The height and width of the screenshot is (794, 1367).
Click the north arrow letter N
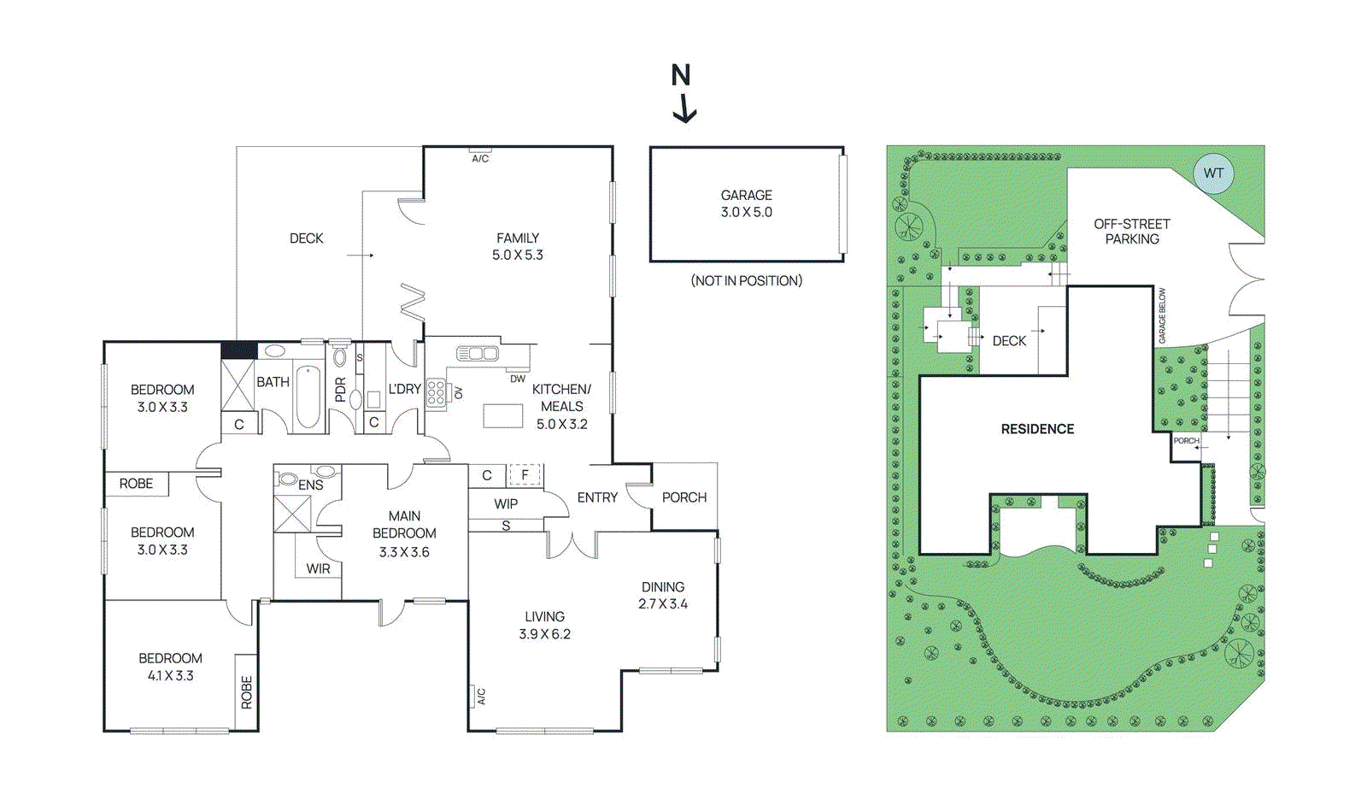tap(680, 76)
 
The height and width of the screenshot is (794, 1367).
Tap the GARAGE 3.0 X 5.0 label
tap(746, 203)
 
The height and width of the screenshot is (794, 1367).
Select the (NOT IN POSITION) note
tap(746, 280)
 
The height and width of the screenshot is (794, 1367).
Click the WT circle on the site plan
tap(1213, 174)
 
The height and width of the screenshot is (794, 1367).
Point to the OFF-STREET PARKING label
tap(1132, 232)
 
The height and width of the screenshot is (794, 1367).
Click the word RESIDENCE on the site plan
tap(1037, 429)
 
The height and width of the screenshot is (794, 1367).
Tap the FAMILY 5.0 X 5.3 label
tap(518, 246)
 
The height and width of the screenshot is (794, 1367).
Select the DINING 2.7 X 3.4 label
tap(663, 595)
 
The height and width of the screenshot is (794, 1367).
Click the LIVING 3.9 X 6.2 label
tap(544, 625)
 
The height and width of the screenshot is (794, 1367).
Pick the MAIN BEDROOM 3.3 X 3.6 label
tap(404, 533)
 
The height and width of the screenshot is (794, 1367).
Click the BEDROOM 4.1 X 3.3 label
tap(170, 667)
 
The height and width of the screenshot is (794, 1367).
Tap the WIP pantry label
tap(506, 503)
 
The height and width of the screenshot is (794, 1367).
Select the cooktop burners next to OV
tap(436, 392)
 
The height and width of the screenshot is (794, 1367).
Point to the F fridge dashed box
tap(525, 474)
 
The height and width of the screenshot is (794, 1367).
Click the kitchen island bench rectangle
tap(502, 415)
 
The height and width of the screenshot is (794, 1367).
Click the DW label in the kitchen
tap(518, 379)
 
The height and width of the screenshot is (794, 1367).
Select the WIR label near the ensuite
tap(318, 568)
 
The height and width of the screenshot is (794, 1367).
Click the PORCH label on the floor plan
tap(684, 497)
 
